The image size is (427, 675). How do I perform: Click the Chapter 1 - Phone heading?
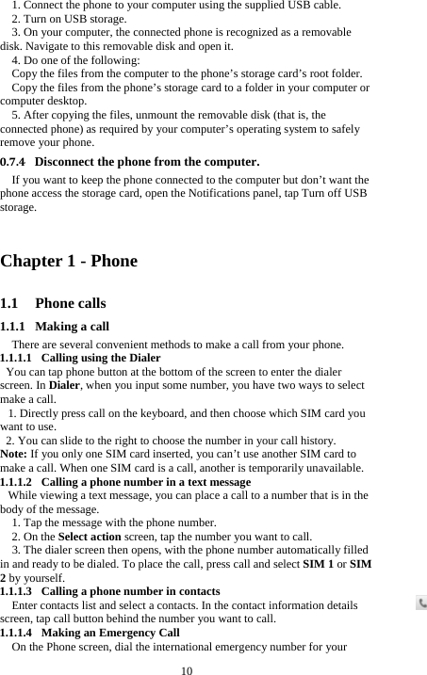tap(70, 261)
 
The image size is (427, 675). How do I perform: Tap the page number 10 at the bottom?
tap(187, 669)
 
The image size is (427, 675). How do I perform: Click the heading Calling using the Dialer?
tap(101, 358)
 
